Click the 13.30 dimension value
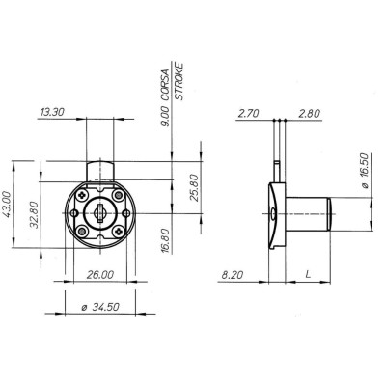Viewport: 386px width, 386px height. click(x=52, y=112)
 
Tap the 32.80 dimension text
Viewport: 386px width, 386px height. click(x=34, y=214)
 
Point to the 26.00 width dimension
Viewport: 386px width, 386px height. click(x=100, y=275)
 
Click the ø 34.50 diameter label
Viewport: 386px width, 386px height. click(x=100, y=307)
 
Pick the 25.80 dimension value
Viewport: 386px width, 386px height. click(x=194, y=187)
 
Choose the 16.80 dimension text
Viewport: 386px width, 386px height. click(x=165, y=240)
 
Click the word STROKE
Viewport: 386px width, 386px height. click(x=179, y=82)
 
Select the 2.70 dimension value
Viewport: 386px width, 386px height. click(x=248, y=113)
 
